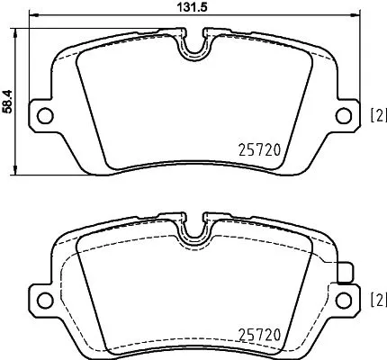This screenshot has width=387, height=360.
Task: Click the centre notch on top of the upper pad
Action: [x=193, y=48]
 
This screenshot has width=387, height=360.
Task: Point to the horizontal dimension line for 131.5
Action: [x=108, y=16]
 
